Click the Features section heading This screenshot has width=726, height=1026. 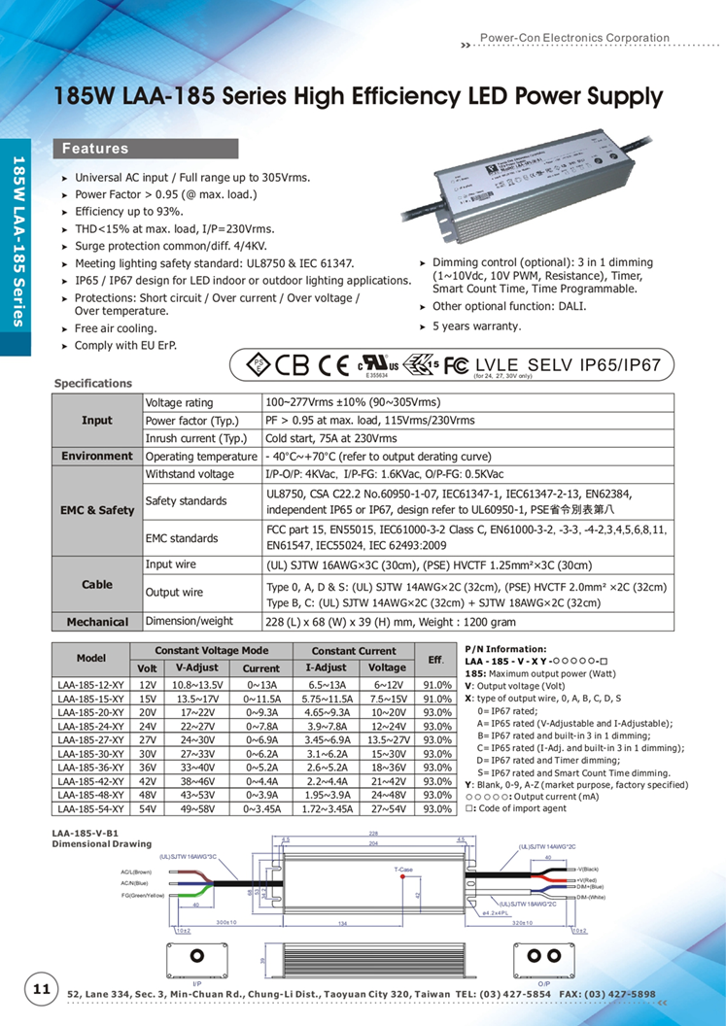[96, 149]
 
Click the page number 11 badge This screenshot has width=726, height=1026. [42, 989]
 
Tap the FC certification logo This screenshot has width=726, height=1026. [457, 366]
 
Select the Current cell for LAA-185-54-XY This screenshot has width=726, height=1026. [260, 808]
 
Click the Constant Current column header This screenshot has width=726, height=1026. [354, 651]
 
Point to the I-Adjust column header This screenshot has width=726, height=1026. [326, 668]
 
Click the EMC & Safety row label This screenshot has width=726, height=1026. [97, 510]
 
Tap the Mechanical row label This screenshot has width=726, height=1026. [97, 622]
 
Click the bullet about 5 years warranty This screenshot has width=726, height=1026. [476, 327]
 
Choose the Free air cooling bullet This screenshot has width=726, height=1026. [116, 328]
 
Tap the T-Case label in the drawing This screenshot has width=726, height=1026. [404, 870]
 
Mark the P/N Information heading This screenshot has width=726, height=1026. [505, 648]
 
